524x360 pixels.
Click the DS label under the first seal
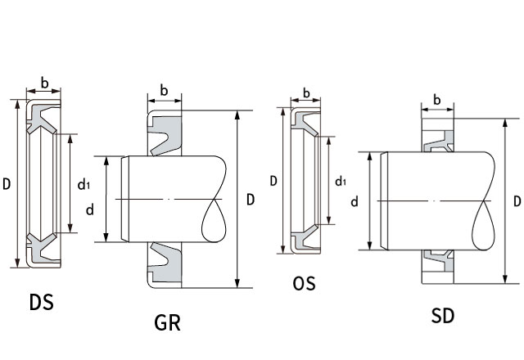[41, 302]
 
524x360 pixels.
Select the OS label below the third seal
[303, 284]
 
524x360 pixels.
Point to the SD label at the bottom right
[442, 315]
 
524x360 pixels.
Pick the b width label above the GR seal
[165, 91]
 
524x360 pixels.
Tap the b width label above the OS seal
[305, 92]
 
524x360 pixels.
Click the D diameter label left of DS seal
[7, 183]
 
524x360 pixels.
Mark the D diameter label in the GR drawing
[251, 199]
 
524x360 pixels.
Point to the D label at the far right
[517, 200]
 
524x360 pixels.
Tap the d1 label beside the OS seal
[341, 181]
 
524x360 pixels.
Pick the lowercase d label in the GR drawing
[90, 209]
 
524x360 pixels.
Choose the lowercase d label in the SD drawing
[355, 200]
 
